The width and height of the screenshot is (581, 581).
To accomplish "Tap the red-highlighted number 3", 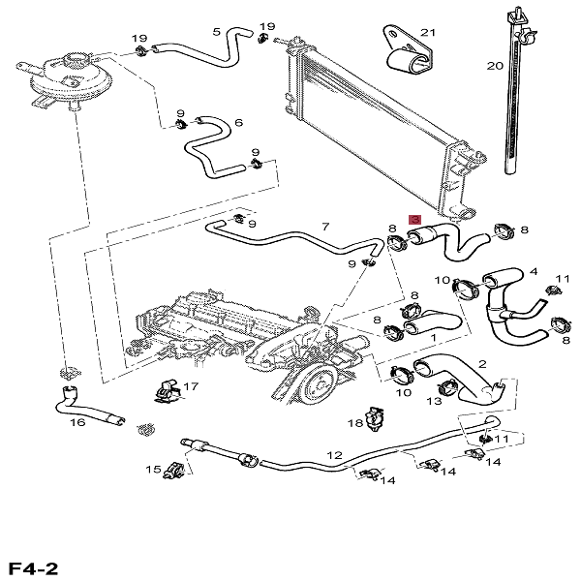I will (x=415, y=221).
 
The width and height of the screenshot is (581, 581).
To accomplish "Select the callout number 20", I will (x=495, y=66).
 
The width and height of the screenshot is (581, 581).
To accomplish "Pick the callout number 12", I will (x=334, y=454).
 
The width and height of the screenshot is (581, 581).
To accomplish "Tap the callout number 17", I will (x=191, y=386).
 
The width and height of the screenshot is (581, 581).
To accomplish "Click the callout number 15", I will (x=152, y=470).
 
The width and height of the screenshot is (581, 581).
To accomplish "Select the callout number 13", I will (x=435, y=399).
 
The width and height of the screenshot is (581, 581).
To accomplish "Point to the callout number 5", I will (x=216, y=32).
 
